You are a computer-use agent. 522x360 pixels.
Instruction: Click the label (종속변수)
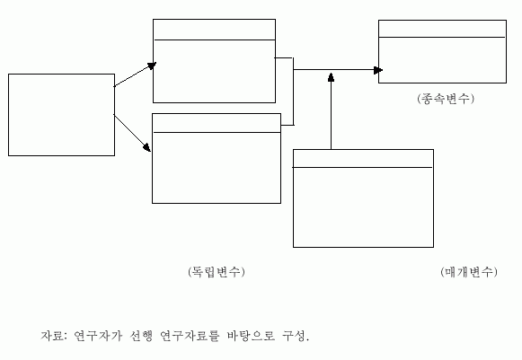coord(446,99)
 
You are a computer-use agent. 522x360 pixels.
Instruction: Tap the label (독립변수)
coord(217,272)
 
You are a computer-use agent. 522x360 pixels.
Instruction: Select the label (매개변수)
coord(469,272)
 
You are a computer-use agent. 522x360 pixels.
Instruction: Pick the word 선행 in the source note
coord(141,336)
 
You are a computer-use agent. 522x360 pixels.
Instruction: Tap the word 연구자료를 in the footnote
coord(190,336)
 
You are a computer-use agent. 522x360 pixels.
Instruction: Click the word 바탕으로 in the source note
coord(252,336)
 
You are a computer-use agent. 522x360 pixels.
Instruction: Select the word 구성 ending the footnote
coord(294,336)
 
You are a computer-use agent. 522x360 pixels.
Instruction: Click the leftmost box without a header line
coord(61,75)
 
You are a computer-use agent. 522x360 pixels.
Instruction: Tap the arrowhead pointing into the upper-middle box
coord(152,66)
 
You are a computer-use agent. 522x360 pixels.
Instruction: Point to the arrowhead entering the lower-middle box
coord(147,147)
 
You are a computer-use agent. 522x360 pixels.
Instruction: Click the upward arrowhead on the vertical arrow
coord(331,77)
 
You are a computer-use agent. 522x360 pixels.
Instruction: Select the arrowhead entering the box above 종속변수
coord(378,70)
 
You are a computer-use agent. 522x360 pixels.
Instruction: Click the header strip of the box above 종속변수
coord(442,29)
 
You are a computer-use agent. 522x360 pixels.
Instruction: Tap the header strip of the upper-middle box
coord(214,30)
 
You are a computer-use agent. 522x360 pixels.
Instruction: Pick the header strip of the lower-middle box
coord(217,123)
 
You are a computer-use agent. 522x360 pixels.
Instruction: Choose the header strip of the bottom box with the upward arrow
coord(363,159)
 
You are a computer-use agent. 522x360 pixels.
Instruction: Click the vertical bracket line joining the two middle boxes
coord(293,92)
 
